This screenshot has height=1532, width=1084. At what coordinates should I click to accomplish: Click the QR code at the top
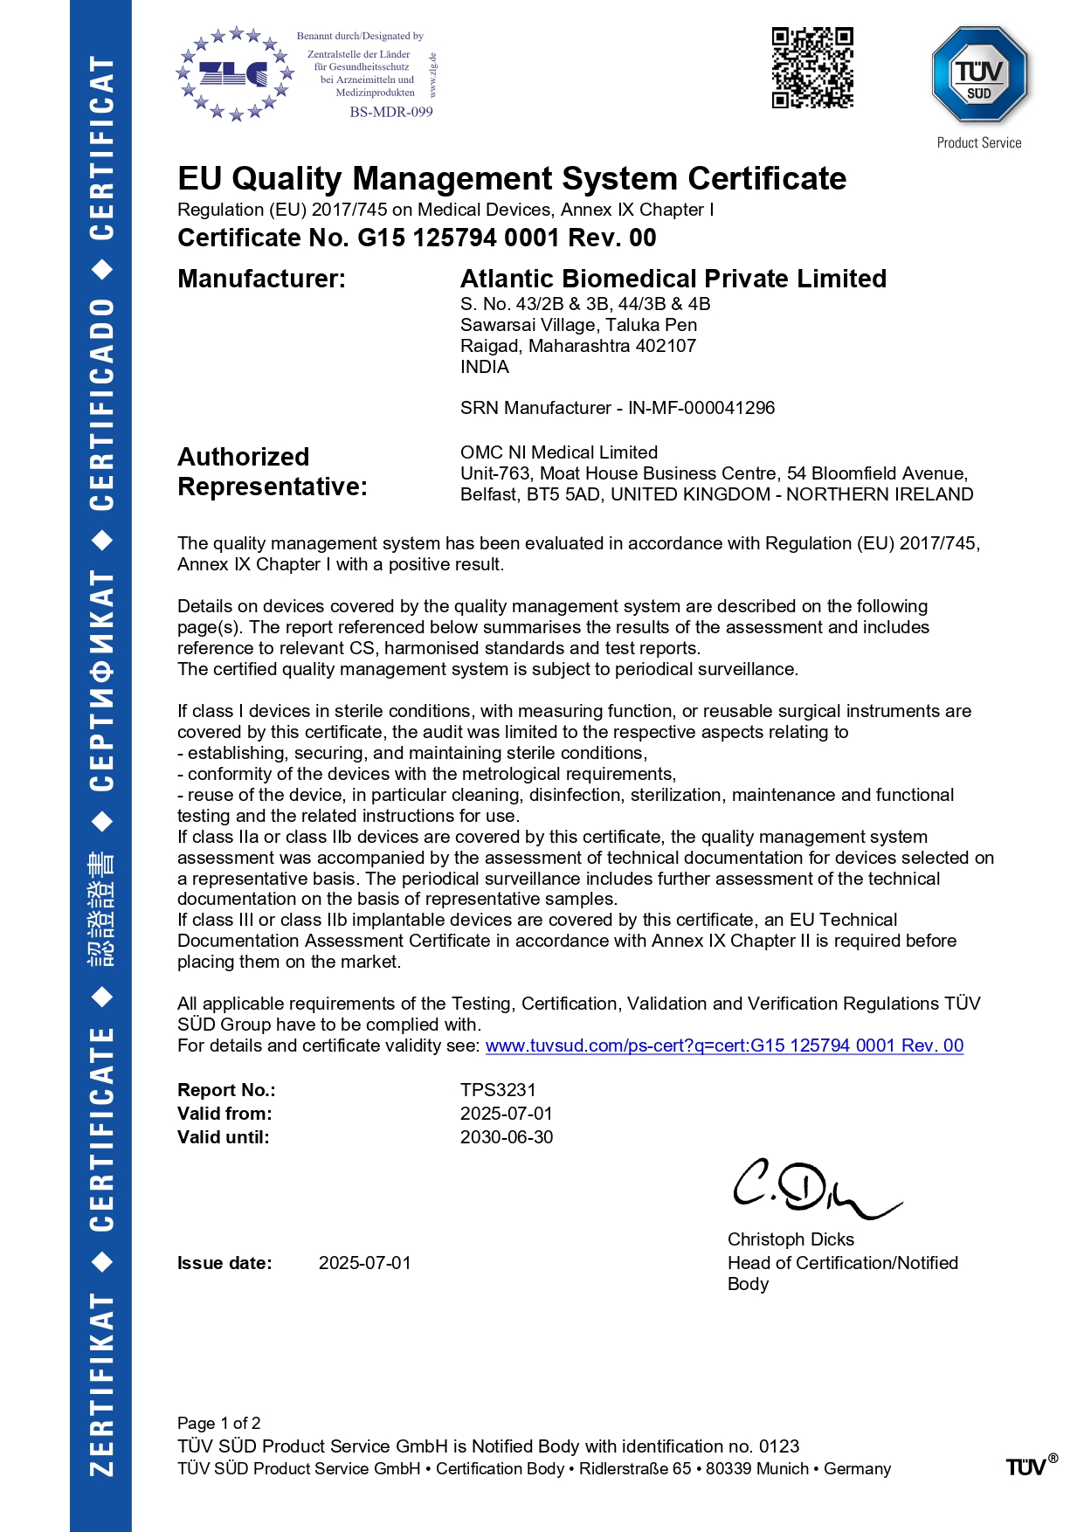click(811, 68)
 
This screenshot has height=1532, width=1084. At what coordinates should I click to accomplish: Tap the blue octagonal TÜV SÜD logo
click(979, 75)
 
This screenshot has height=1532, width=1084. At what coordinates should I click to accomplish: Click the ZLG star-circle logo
click(233, 74)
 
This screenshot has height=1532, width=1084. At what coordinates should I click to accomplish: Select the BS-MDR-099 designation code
click(391, 112)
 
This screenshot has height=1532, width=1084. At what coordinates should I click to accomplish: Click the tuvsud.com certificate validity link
click(724, 1045)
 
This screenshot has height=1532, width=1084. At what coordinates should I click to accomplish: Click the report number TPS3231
click(498, 1090)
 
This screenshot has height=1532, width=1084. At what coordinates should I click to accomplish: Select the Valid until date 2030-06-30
click(507, 1137)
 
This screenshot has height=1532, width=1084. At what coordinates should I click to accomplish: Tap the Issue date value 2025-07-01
click(364, 1263)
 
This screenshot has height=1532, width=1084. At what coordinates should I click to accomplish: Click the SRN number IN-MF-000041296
click(701, 408)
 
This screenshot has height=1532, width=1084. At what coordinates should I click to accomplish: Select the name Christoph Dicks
click(791, 1239)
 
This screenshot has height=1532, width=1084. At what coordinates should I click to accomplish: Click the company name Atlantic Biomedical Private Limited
click(673, 279)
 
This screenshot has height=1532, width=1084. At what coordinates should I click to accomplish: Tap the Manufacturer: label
click(261, 279)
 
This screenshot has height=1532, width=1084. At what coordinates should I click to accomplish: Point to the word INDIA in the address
click(485, 367)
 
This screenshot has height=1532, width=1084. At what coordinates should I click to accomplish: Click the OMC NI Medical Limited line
click(559, 452)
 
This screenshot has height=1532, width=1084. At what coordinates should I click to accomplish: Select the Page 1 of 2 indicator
click(218, 1423)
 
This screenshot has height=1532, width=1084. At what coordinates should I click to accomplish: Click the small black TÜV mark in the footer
click(1028, 1466)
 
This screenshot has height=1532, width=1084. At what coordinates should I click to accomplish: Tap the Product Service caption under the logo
click(978, 143)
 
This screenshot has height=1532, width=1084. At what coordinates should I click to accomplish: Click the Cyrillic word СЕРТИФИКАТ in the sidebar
click(101, 680)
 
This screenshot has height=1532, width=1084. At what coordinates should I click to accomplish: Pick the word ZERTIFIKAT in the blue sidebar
click(101, 1384)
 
